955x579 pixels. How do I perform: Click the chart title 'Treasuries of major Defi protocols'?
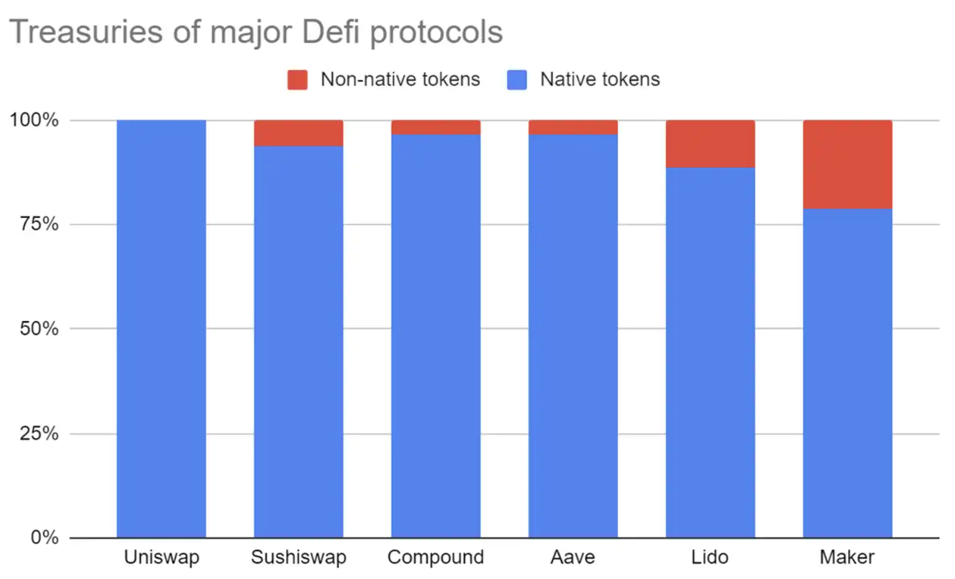[256, 32]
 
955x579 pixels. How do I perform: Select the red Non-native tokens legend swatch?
[297, 80]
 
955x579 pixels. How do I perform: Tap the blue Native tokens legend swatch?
[517, 80]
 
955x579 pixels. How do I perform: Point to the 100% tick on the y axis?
[34, 119]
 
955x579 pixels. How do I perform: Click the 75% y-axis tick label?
[39, 224]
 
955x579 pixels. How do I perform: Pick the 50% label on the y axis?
[39, 328]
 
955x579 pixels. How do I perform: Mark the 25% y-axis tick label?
[39, 433]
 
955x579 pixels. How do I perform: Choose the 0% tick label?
[44, 537]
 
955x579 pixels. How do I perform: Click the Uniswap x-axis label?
[162, 557]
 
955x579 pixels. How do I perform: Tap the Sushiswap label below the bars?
[298, 557]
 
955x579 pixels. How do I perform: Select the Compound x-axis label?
[435, 557]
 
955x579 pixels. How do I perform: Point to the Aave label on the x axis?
[573, 557]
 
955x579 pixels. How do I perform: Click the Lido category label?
[709, 557]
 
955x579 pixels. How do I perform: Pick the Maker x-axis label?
[847, 557]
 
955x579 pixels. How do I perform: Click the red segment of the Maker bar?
[847, 164]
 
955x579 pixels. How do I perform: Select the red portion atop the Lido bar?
[710, 144]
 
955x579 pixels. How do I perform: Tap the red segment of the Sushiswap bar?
[298, 132]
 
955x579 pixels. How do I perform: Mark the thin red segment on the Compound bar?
[435, 127]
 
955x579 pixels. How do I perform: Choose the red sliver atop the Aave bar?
[573, 127]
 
